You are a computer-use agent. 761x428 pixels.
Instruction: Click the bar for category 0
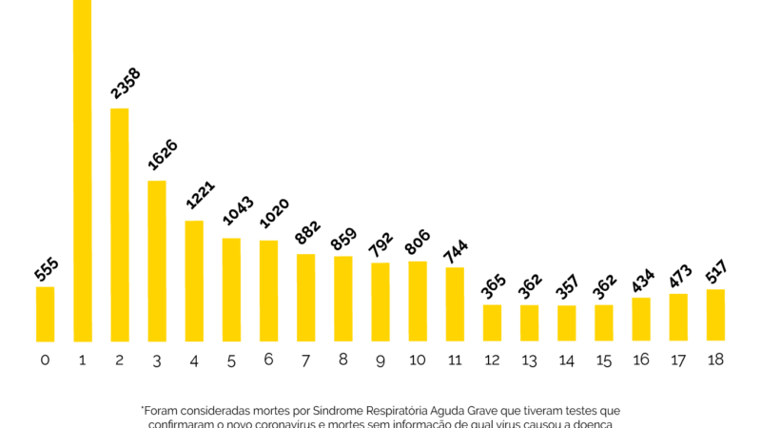46,314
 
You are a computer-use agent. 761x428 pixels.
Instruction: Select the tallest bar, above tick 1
83,171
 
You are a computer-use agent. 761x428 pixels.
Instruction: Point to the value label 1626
163,155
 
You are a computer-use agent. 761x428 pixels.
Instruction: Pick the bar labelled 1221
194,281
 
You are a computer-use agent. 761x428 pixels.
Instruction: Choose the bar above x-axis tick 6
268,290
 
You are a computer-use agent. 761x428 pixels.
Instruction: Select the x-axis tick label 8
342,360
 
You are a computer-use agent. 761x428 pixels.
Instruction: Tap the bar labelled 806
417,301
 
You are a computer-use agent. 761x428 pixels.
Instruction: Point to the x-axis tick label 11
455,360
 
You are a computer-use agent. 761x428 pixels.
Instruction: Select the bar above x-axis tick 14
566,322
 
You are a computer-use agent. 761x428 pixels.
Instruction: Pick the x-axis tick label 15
603,360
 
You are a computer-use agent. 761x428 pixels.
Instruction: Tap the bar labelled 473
678,317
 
